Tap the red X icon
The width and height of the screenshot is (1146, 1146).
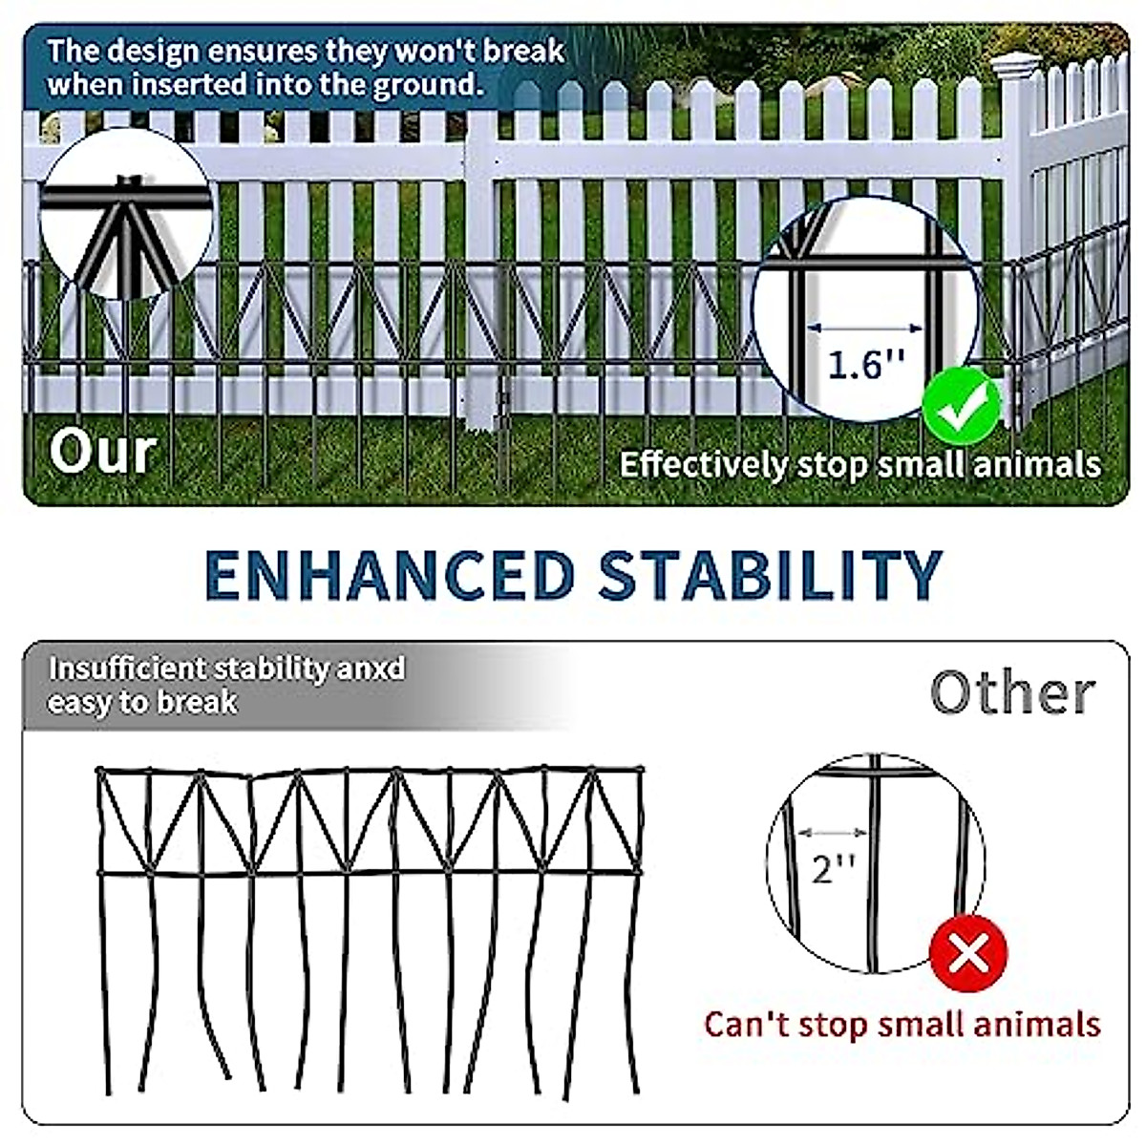[969, 953]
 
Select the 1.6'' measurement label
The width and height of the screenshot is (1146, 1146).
[865, 365]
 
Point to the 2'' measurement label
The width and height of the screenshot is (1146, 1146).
[832, 868]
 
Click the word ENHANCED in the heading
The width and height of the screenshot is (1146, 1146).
[390, 576]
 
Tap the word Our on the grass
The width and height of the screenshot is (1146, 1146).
[103, 452]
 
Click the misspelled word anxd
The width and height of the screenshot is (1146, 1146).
[371, 668]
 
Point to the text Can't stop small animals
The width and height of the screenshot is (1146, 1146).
[902, 1025]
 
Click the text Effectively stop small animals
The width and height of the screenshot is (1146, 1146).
[859, 465]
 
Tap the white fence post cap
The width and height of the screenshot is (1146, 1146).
[1014, 65]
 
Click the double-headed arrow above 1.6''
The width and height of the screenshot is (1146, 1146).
[864, 329]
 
